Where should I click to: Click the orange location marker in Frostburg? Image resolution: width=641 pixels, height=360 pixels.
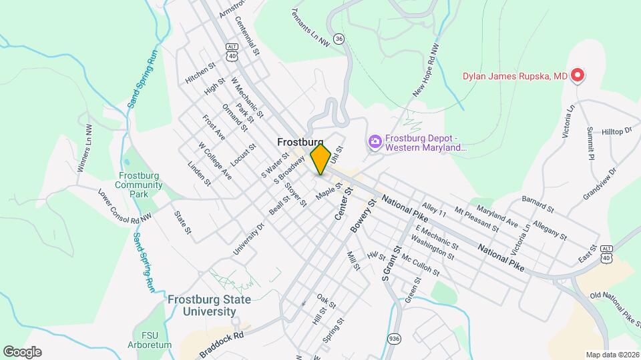tap(321, 159)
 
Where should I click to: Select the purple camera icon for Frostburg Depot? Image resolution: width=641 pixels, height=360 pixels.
tap(375, 141)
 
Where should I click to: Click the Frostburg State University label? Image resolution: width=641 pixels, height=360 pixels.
tap(209, 305)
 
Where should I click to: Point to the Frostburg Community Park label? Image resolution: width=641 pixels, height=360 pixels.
tap(139, 185)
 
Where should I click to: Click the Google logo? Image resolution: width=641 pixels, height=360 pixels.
tap(22, 352)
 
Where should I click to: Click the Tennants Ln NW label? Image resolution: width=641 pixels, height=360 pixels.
tap(310, 27)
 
